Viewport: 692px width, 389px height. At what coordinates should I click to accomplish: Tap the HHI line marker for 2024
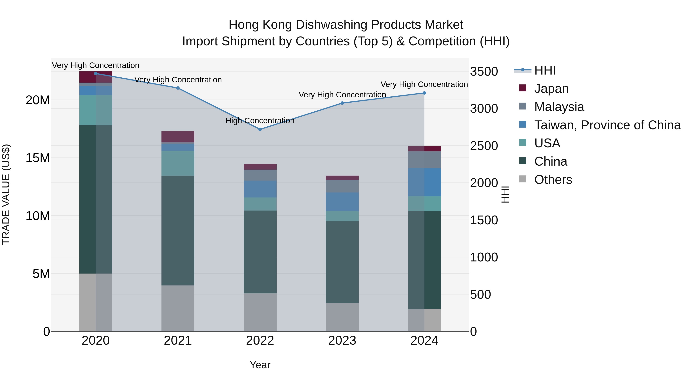coord(424,93)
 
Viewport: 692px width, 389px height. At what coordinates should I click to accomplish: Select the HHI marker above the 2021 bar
coord(178,88)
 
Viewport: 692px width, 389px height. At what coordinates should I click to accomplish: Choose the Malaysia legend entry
coord(559,107)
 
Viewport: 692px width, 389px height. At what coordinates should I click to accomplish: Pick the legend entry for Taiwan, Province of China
coord(607,125)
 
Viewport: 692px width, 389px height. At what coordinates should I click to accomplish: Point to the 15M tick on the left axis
coord(38,158)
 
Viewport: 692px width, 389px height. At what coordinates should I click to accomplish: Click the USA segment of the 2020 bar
coord(96,110)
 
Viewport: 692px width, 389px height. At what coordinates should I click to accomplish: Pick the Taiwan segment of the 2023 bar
coord(342,202)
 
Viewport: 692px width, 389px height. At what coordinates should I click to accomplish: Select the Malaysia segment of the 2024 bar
coord(424,160)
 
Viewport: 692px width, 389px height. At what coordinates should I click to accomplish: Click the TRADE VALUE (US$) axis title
coord(6,194)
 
